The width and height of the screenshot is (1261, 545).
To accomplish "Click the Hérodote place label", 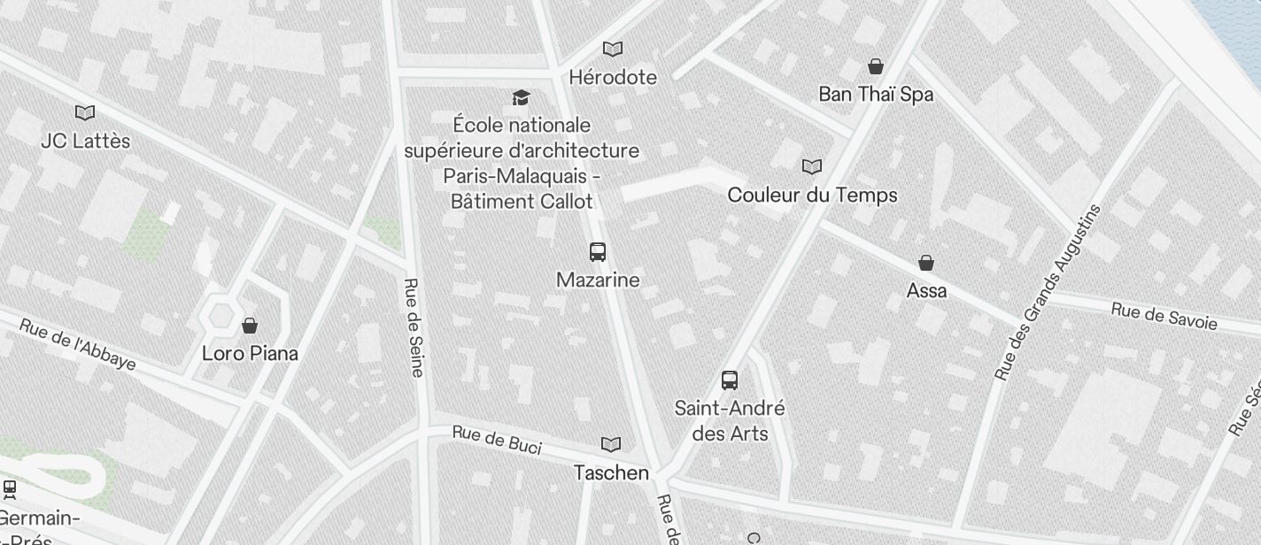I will point(613,77).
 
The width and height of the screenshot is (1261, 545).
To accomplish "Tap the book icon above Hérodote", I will point(612,50).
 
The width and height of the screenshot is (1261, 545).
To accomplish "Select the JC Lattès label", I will point(85,141).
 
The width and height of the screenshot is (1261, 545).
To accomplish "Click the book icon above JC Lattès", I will point(85,113).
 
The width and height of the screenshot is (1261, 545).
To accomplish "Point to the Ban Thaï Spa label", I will point(875,94).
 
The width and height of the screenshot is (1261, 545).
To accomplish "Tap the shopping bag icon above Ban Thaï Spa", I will point(875,66).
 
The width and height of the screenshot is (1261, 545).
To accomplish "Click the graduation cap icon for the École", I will point(521,97).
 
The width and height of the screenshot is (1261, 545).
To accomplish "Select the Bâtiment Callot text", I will point(522,201).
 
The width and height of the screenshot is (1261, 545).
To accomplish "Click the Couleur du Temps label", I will point(812,195).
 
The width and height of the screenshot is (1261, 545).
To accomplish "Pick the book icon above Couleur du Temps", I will point(811,166).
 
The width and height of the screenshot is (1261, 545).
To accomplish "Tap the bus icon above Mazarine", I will point(598,252).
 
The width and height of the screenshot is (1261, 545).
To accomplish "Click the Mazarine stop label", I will point(598,280).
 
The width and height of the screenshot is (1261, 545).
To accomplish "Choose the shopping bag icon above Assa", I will point(926,263).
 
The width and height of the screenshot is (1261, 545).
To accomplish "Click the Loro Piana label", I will point(250,353).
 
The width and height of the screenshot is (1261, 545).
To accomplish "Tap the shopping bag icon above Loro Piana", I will point(250,326).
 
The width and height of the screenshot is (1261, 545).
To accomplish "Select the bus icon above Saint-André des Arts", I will point(730,380).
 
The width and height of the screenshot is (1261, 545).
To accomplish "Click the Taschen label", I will point(611,472).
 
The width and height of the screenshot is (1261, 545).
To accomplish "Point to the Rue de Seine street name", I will point(414,327).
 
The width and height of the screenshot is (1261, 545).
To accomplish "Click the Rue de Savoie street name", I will point(1164,315).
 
